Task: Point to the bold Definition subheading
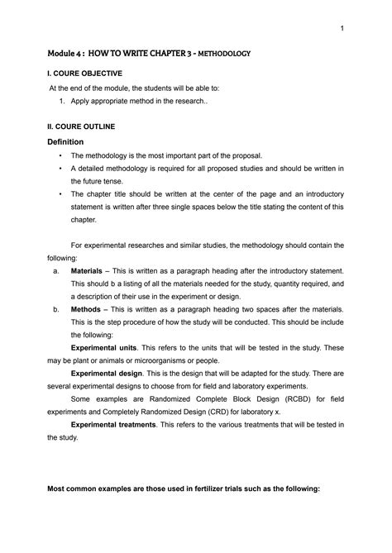[x=71, y=141]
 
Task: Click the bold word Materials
[x=86, y=270]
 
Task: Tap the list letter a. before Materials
[x=55, y=270]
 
